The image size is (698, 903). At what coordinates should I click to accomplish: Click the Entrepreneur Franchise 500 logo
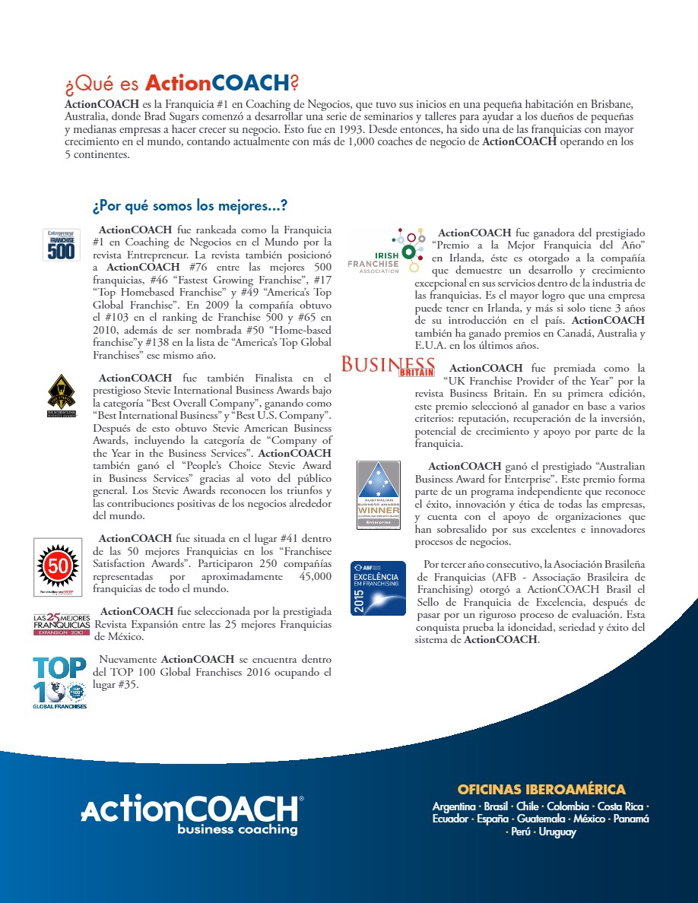(x=60, y=244)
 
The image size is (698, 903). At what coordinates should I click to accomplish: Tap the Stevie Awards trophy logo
(x=60, y=394)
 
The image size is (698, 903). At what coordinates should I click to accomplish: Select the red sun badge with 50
(x=58, y=566)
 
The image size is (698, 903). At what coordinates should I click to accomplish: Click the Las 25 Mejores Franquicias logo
(x=61, y=623)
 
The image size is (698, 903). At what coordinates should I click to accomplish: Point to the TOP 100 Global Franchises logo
(x=59, y=682)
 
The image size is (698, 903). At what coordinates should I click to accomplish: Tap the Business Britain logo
(x=388, y=366)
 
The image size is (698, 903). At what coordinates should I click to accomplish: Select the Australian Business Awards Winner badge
(x=379, y=495)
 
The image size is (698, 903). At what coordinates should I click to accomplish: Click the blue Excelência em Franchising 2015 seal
(x=378, y=588)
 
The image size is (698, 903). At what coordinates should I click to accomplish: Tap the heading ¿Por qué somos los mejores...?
(x=189, y=206)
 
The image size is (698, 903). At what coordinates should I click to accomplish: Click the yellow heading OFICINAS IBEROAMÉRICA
(x=541, y=789)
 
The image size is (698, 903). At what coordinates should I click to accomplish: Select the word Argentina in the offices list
(x=454, y=806)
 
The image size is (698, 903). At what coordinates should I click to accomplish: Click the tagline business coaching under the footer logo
(x=237, y=829)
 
